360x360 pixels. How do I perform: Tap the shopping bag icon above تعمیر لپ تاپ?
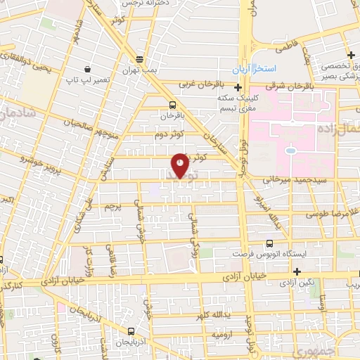[x=87, y=69]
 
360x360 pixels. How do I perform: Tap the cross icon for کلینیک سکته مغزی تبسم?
[x=238, y=89]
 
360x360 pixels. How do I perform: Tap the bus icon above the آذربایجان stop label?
[x=131, y=330]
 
